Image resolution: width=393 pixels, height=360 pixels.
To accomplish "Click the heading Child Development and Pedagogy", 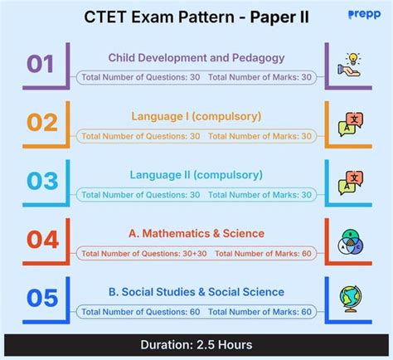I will pyautogui.click(x=196, y=57).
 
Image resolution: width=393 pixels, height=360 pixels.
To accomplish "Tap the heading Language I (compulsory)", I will pyautogui.click(x=196, y=116).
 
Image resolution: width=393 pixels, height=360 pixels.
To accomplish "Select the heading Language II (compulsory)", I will pyautogui.click(x=196, y=174).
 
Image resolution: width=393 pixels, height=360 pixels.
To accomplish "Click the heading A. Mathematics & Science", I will pyautogui.click(x=196, y=233).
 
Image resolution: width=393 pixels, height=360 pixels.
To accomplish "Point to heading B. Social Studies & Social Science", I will pyautogui.click(x=196, y=291).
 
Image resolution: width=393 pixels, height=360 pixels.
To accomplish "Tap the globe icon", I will pyautogui.click(x=350, y=298).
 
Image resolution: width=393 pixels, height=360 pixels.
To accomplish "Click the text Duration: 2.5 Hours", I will pyautogui.click(x=196, y=344).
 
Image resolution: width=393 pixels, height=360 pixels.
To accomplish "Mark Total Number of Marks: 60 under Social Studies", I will pyautogui.click(x=260, y=311).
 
